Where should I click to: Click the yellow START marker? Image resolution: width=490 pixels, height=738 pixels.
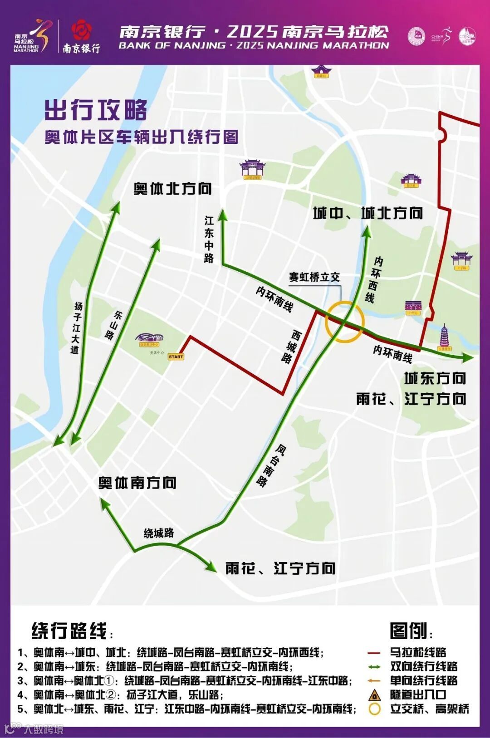[176, 357]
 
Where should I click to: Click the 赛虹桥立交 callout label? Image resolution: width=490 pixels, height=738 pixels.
[314, 277]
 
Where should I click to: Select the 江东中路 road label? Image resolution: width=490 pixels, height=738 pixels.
[209, 239]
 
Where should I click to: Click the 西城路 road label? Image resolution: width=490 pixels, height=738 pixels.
[291, 347]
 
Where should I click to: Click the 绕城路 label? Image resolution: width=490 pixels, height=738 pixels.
[159, 533]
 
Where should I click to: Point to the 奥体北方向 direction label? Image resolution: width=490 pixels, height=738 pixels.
[172, 189]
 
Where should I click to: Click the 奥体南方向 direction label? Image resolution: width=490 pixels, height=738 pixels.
[137, 483]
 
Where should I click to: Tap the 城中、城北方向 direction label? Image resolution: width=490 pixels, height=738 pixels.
[368, 213]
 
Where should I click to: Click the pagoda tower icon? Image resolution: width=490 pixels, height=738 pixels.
[444, 337]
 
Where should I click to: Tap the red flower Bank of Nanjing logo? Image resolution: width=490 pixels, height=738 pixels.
[82, 30]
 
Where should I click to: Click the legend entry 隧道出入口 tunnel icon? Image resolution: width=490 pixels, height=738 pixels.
[374, 694]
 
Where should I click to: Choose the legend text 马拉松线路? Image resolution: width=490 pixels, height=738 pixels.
[418, 652]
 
